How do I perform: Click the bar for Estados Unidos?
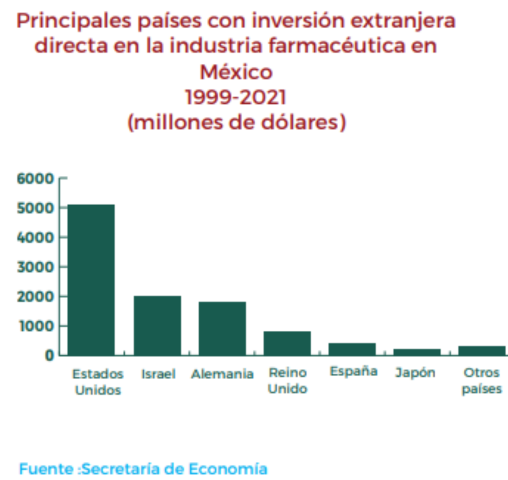[91, 280]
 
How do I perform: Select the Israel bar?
[157, 325]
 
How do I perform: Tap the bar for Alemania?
[222, 329]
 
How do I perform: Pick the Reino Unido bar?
[287, 343]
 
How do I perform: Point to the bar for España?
[352, 349]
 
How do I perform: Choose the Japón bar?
[417, 352]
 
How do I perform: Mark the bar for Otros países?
[482, 351]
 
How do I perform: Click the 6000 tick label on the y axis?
[35, 178]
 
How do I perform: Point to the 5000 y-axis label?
[35, 208]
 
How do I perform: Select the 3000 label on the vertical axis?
[35, 267]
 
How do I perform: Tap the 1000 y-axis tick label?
[35, 326]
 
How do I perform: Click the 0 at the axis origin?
[49, 355]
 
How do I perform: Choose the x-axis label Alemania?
[222, 374]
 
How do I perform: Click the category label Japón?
[415, 373]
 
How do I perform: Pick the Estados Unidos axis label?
[98, 381]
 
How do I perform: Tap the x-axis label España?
[353, 372]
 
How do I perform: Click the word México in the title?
[236, 72]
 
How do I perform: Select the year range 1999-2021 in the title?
[236, 97]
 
